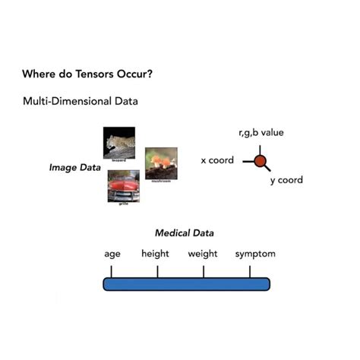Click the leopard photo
click(x=119, y=142)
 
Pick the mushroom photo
click(x=161, y=161)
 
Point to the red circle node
click(x=260, y=161)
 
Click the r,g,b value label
click(x=261, y=133)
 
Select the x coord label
click(x=217, y=161)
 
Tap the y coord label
click(x=286, y=181)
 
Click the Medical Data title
click(x=185, y=233)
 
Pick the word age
click(x=112, y=254)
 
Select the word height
click(x=155, y=254)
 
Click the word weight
click(x=203, y=254)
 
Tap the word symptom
click(x=255, y=254)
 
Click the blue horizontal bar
click(x=186, y=284)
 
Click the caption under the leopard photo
click(x=118, y=161)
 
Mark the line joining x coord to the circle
click(x=248, y=161)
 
